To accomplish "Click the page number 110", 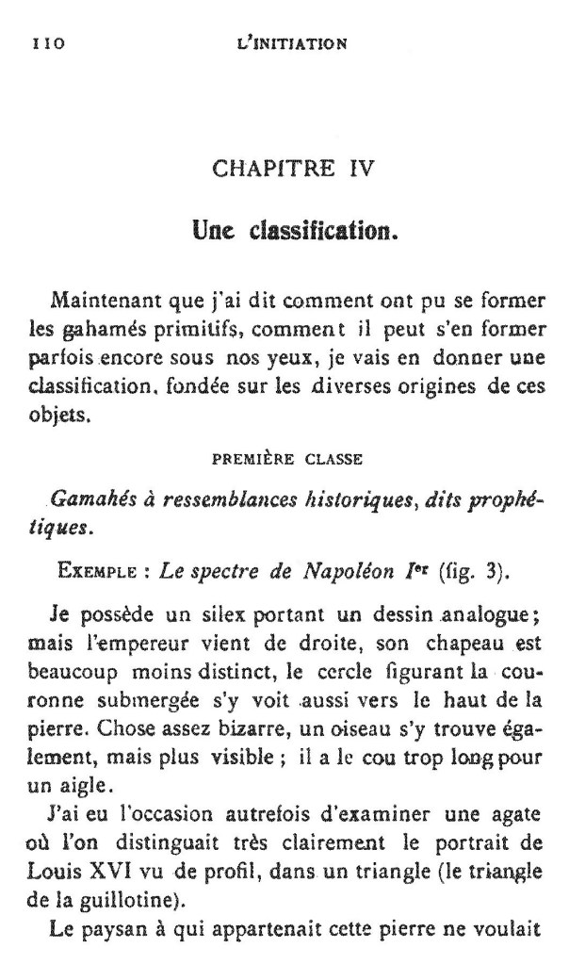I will click(47, 42).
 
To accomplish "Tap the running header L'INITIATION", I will click(294, 42).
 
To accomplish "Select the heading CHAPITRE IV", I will click(294, 170).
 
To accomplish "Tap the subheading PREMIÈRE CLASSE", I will click(293, 462).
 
